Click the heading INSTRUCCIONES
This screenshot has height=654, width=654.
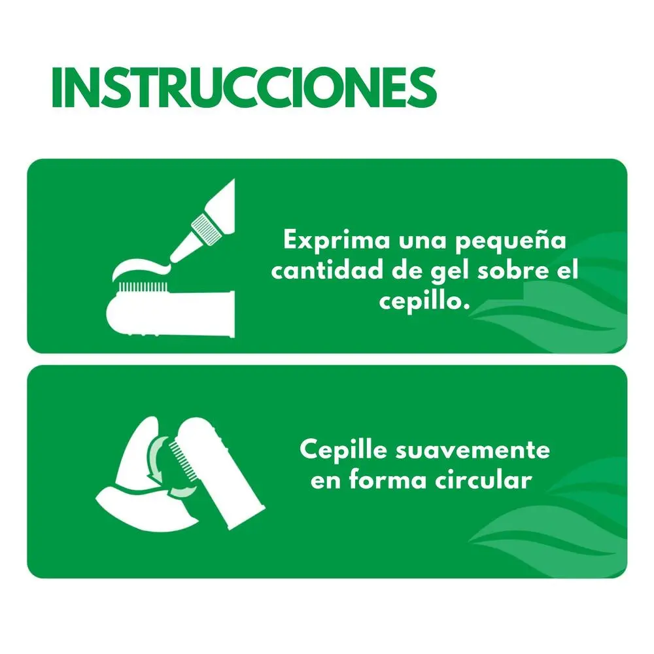click(245, 88)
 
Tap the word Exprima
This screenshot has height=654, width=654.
click(337, 241)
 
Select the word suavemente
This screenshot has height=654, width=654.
click(473, 451)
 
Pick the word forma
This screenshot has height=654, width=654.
click(388, 479)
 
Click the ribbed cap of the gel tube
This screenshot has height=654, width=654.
click(205, 228)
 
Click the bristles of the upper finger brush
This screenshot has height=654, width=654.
click(143, 287)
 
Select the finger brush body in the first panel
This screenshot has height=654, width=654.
click(170, 314)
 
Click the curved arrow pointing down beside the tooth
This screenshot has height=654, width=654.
click(154, 459)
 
